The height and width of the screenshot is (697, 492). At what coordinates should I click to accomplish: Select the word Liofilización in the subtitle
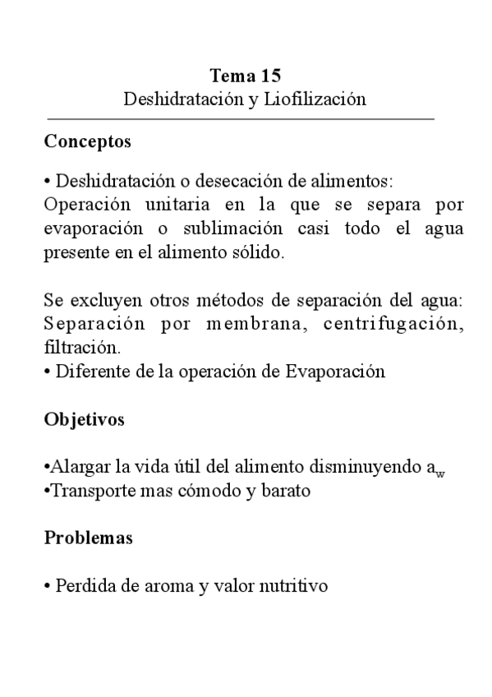click(x=315, y=99)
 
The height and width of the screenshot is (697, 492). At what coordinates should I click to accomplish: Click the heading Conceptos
click(x=87, y=141)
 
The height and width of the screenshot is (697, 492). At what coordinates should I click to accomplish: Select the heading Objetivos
click(x=84, y=419)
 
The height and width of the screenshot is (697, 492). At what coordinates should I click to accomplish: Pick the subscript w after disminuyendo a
click(x=440, y=473)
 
